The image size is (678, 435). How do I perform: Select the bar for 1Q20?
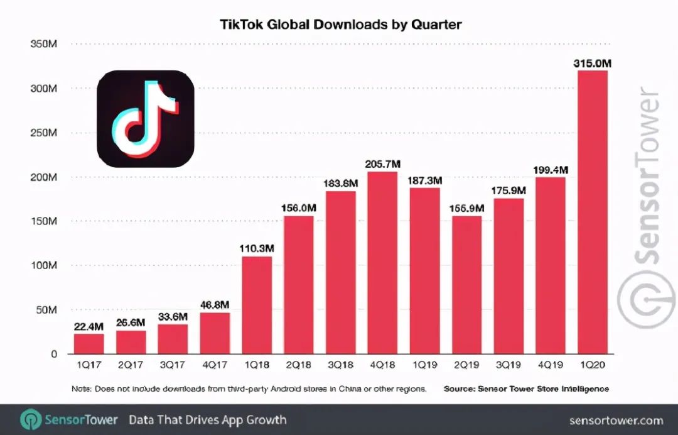(x=592, y=214)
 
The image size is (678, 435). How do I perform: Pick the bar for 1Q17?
(x=89, y=344)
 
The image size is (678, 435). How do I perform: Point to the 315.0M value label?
(x=592, y=63)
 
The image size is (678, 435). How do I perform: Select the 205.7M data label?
(x=382, y=164)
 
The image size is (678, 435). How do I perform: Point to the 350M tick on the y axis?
(x=44, y=44)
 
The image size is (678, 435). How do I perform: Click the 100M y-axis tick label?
(x=44, y=265)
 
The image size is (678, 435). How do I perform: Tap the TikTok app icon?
(x=146, y=119)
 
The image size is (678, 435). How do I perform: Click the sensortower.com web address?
(x=616, y=420)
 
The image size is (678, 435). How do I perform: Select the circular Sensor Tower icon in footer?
(x=31, y=420)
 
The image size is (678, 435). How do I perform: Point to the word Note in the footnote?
(x=81, y=389)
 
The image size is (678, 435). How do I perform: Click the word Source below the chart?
(x=459, y=389)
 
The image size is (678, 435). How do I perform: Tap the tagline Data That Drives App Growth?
(x=208, y=420)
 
